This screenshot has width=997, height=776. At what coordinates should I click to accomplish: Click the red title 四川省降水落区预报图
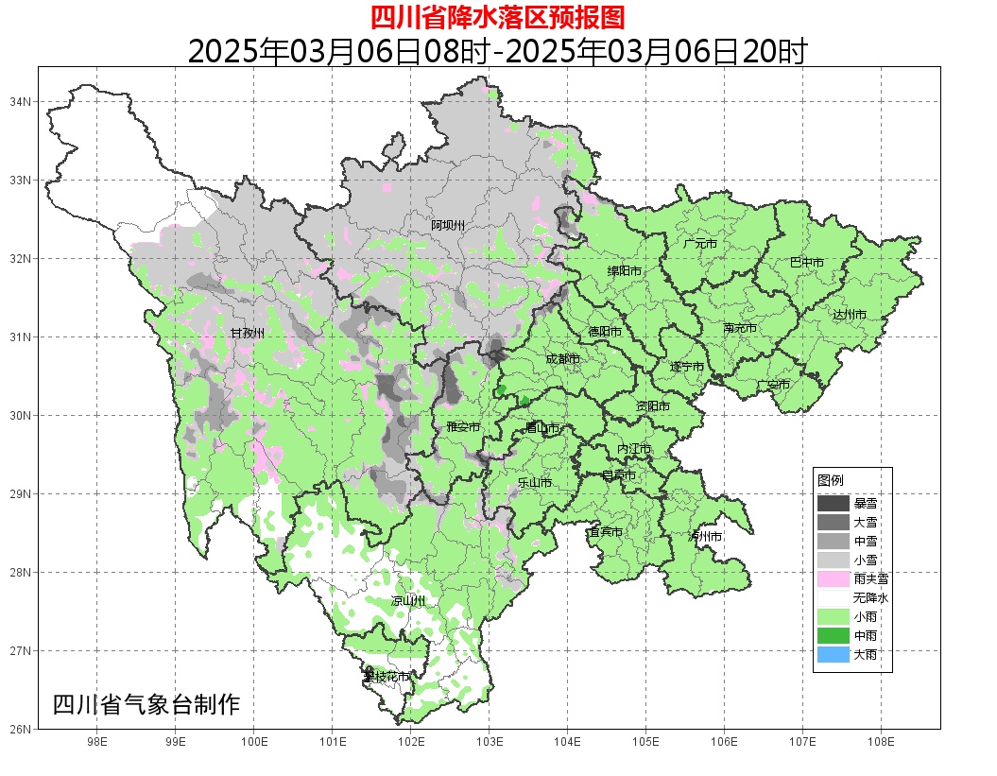(x=498, y=17)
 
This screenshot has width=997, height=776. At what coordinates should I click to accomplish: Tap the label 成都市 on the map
(x=562, y=359)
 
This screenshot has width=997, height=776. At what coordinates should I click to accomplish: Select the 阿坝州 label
(x=448, y=225)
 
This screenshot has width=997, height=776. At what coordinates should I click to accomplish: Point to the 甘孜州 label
(x=247, y=334)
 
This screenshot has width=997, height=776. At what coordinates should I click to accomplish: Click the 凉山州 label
(x=408, y=601)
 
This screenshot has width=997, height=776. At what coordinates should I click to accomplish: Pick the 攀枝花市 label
(x=387, y=677)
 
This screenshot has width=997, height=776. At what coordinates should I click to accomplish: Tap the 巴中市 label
(x=806, y=263)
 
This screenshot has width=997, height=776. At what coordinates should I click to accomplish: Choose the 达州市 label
(x=850, y=314)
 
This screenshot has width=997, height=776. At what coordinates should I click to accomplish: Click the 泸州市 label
(x=705, y=536)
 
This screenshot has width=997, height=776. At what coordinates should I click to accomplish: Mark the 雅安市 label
(x=463, y=427)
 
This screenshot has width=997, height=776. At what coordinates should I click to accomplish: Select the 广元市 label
(x=700, y=244)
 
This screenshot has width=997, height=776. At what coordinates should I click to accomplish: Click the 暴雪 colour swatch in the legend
(x=833, y=504)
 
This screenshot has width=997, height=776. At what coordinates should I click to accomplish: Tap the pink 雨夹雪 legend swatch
(x=833, y=578)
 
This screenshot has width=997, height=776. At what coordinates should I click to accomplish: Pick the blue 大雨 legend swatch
(x=833, y=654)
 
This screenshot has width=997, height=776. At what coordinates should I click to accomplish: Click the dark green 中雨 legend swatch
(x=833, y=635)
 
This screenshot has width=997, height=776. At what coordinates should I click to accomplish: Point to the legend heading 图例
(x=830, y=481)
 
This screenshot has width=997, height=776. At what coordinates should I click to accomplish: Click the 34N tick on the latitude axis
(x=21, y=101)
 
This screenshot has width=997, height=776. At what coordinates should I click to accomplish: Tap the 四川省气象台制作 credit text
(x=146, y=704)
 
